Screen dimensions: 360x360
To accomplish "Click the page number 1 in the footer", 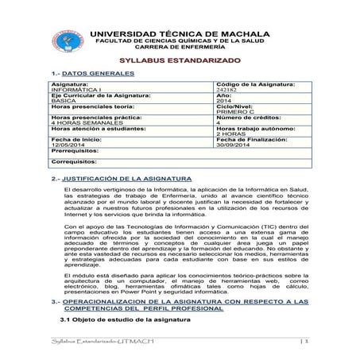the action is click(304, 340).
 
